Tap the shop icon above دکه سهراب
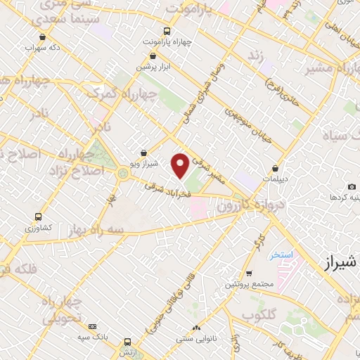click(x=42, y=37)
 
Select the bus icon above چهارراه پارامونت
click(x=167, y=31)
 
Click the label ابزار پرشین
click(x=154, y=66)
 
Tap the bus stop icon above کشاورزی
click(x=38, y=217)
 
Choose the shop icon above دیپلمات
click(x=275, y=169)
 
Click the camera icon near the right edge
click(x=351, y=186)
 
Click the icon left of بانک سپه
click(x=93, y=326)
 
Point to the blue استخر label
click(x=283, y=255)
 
